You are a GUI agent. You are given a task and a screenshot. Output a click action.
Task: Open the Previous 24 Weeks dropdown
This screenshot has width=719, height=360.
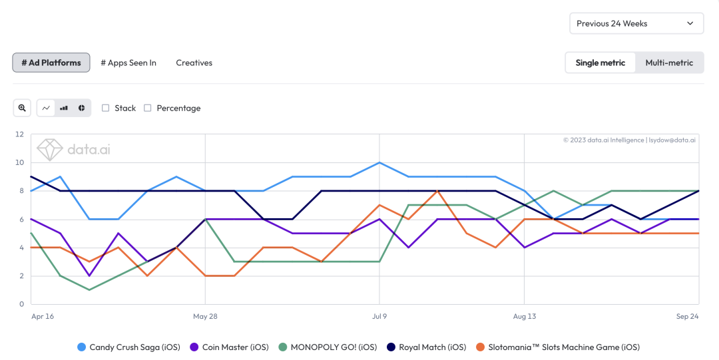pos(636,23)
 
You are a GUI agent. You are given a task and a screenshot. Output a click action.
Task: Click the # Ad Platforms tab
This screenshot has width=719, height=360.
pos(51,63)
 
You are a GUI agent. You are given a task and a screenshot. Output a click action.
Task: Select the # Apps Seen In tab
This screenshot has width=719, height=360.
pos(128,63)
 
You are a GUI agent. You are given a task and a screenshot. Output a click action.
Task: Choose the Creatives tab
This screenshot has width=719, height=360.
pos(194,63)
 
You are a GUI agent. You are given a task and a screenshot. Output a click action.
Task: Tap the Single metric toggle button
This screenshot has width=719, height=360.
pos(600,63)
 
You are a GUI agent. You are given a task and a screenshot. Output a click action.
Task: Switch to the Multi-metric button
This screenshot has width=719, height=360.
pos(668,63)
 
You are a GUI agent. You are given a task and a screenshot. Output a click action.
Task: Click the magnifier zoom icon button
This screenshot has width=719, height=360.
pos(22,108)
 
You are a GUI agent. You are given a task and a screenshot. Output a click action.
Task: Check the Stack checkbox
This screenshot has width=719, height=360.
pos(106,108)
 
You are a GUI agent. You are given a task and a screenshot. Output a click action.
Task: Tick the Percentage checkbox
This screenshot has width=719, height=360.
pos(148,108)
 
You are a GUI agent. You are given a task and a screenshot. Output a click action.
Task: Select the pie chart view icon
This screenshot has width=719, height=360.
pos(81,108)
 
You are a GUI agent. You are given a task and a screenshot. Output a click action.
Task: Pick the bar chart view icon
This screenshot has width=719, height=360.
pos(64,108)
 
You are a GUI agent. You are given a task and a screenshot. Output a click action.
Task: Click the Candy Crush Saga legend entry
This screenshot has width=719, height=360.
pos(126,347)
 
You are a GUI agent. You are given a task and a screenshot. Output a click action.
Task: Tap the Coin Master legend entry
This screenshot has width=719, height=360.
pos(229,347)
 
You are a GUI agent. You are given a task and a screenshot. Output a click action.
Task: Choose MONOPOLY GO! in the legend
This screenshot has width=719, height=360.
pos(328,347)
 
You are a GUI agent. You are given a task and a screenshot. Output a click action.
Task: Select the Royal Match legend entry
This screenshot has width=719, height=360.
pos(426,347)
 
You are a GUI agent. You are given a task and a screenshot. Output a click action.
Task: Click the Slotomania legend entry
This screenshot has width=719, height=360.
pos(559,347)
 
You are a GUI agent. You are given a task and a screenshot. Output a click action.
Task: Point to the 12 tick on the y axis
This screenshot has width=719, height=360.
pos(19,134)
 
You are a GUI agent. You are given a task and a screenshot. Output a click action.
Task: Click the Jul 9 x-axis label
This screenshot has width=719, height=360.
pos(379,317)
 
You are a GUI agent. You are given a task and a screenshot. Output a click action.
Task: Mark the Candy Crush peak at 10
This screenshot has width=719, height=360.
pos(379,162)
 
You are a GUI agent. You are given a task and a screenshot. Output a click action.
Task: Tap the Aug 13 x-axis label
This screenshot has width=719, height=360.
pos(524,317)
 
